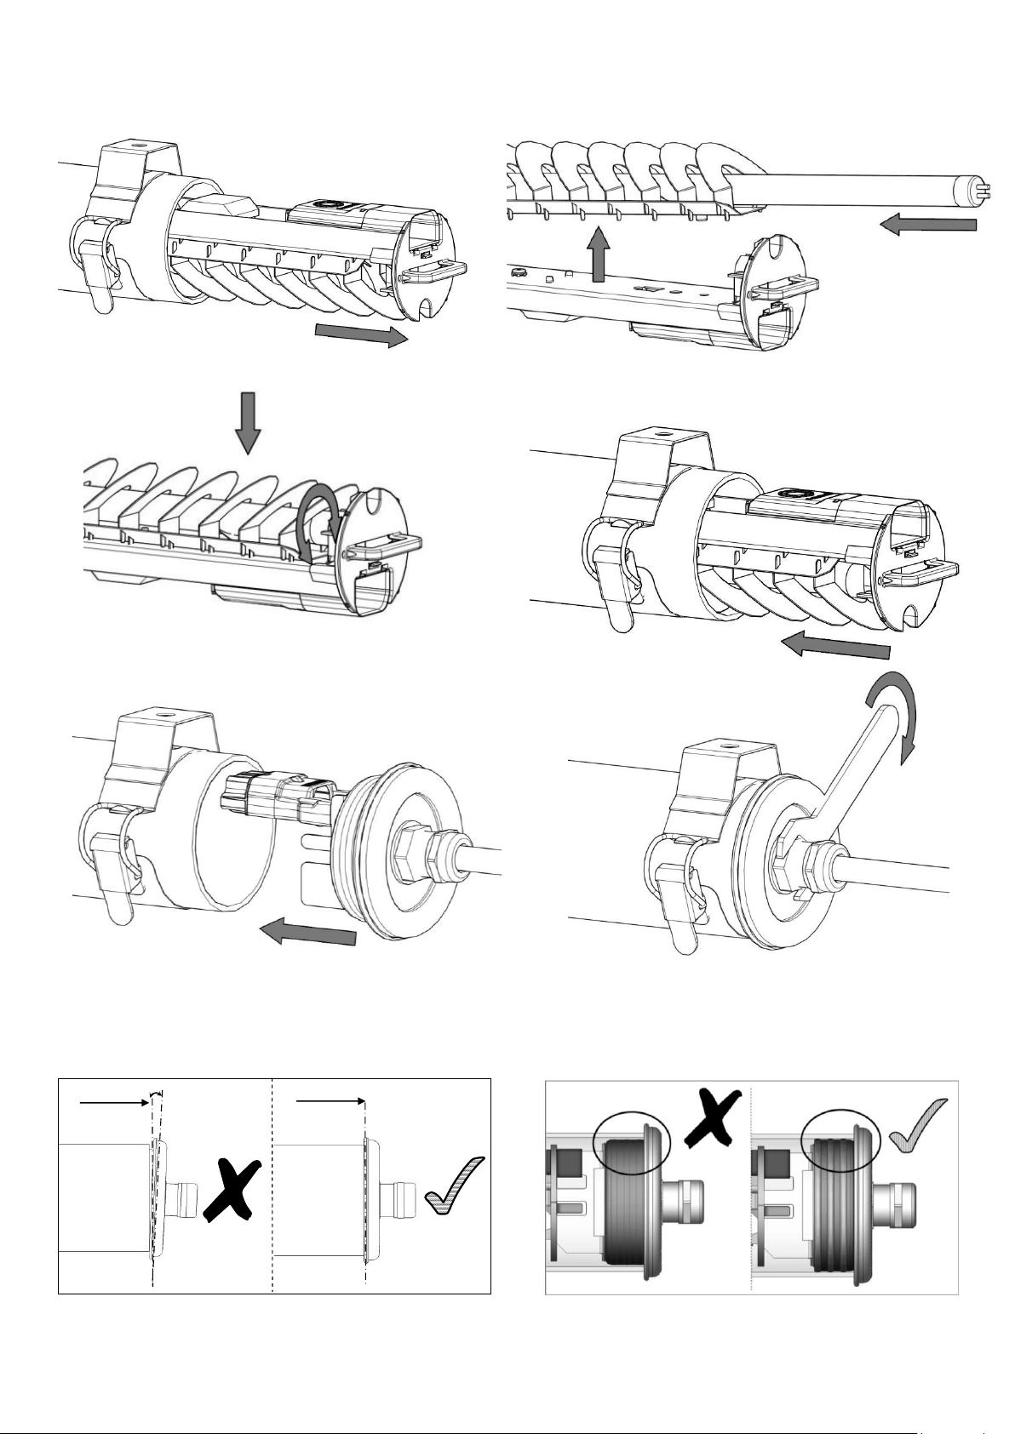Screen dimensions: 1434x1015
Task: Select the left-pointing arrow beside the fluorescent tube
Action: pyautogui.click(x=928, y=225)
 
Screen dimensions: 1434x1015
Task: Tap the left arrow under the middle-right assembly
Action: pyautogui.click(x=834, y=647)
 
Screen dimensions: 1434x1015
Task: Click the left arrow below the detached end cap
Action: pyautogui.click(x=307, y=934)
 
